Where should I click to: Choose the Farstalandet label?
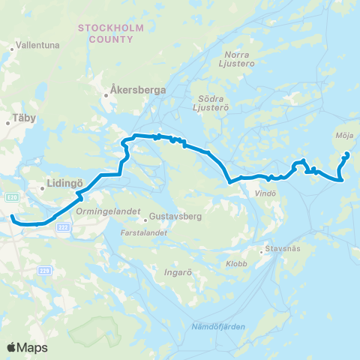tap(141, 232)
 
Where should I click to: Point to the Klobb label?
tap(236, 263)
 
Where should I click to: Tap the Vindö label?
tap(255, 193)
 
